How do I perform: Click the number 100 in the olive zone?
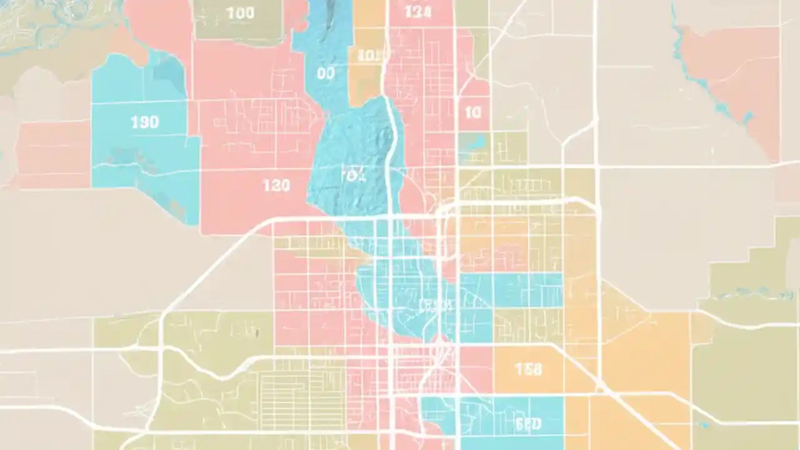239,14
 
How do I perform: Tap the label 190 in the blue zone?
144,122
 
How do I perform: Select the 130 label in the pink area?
276,185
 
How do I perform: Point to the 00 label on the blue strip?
326,74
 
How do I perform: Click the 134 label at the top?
417,12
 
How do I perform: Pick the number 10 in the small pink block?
473,112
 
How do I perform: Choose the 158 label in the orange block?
528,369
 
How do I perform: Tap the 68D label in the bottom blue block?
529,424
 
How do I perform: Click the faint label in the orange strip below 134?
368,55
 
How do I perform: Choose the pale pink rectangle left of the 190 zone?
53,153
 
